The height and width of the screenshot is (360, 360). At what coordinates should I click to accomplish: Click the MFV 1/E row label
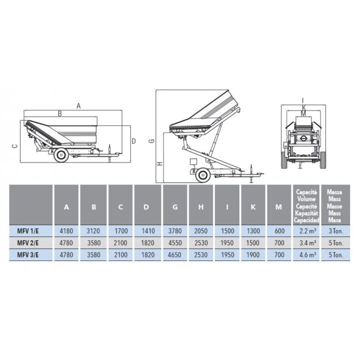point(28,231)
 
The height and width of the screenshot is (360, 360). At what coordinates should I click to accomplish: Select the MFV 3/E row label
point(28,255)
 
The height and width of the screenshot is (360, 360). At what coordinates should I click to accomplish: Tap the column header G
point(175,207)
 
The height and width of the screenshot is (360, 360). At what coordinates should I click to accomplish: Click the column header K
point(253,207)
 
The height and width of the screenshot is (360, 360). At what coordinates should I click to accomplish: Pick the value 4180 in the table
point(66,231)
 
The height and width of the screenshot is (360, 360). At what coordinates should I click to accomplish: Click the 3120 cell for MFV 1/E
point(93,231)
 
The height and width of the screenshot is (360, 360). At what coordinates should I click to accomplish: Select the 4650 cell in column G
point(174,255)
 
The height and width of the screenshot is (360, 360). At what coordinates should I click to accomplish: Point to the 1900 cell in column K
point(253,255)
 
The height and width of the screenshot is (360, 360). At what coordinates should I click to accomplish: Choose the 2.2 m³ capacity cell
point(307,230)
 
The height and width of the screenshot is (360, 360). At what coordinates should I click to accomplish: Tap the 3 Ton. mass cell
point(335,231)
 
